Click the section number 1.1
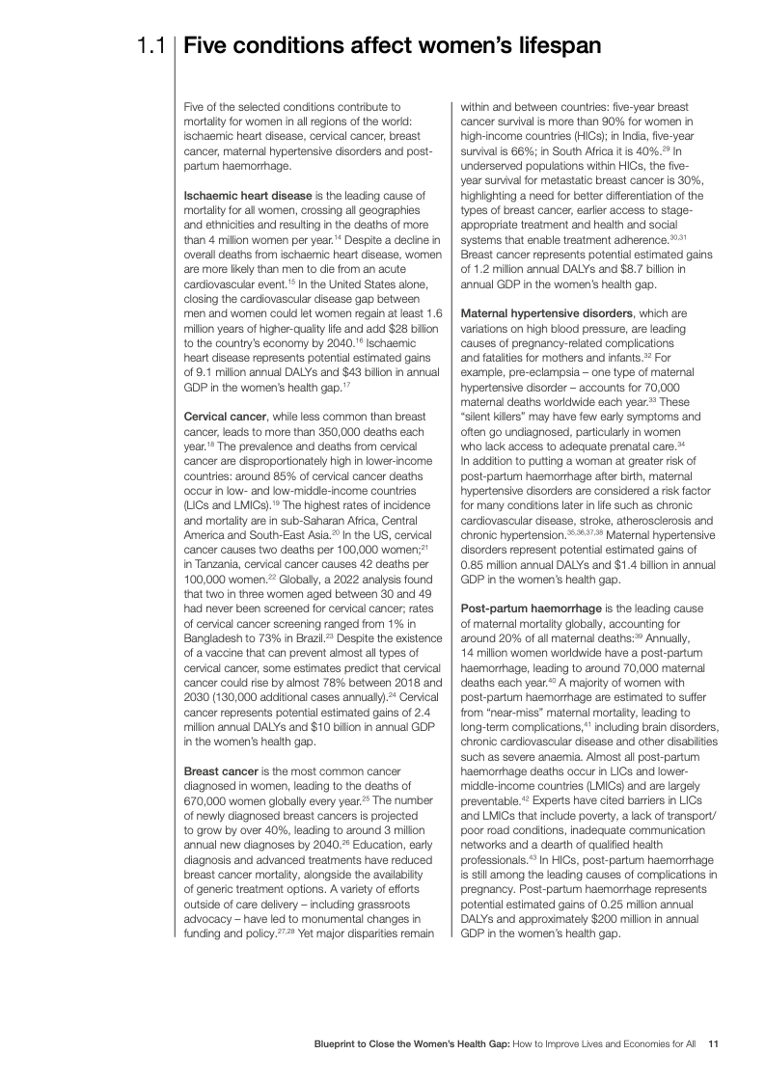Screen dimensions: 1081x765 point(152,45)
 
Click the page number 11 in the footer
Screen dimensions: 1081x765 point(714,1043)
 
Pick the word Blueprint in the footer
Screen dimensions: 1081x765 point(342,1043)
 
